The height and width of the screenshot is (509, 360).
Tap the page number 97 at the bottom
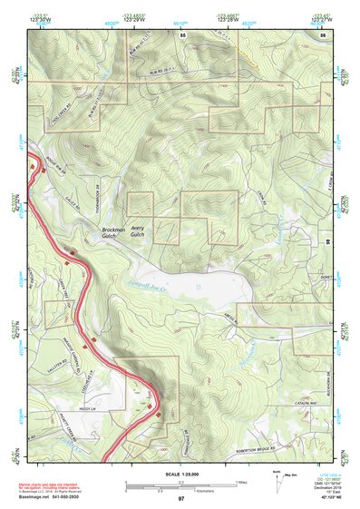tap(181, 499)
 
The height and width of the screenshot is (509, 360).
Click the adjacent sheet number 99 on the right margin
tap(352, 243)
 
